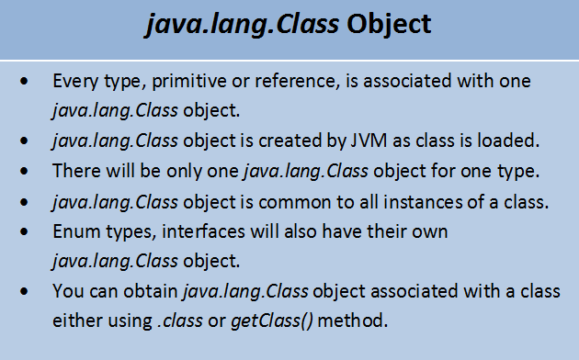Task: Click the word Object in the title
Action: point(389,26)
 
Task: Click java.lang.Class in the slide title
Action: point(243,26)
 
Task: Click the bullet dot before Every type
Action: point(32,83)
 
